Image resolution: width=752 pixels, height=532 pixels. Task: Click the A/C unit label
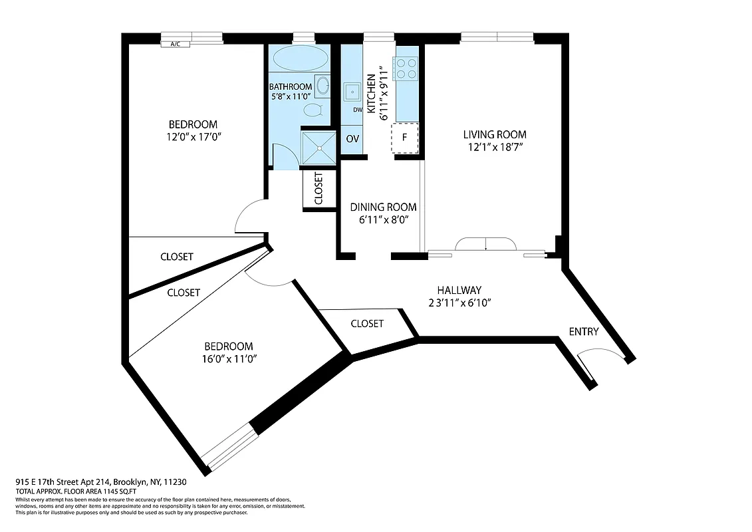click(x=176, y=45)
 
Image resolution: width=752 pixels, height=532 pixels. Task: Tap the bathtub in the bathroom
click(x=300, y=58)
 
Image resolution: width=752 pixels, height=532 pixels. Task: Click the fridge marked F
click(x=405, y=138)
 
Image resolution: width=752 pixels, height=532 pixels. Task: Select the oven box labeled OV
click(x=352, y=140)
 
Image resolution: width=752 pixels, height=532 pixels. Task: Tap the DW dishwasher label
click(x=357, y=110)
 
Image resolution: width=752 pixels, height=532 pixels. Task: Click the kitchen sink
click(x=351, y=92)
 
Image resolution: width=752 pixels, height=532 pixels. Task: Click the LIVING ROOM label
click(x=495, y=135)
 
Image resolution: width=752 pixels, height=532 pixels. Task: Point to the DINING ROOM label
click(x=384, y=207)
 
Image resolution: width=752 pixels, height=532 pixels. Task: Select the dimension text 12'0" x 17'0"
click(x=193, y=137)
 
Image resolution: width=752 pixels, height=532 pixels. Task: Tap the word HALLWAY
click(x=459, y=290)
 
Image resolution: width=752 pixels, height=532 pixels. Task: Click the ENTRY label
click(x=583, y=332)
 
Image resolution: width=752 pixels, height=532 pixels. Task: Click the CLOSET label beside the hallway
click(x=366, y=323)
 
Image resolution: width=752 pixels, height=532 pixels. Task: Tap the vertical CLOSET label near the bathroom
click(x=318, y=189)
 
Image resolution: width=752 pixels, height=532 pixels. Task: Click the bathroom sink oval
click(x=322, y=86)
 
